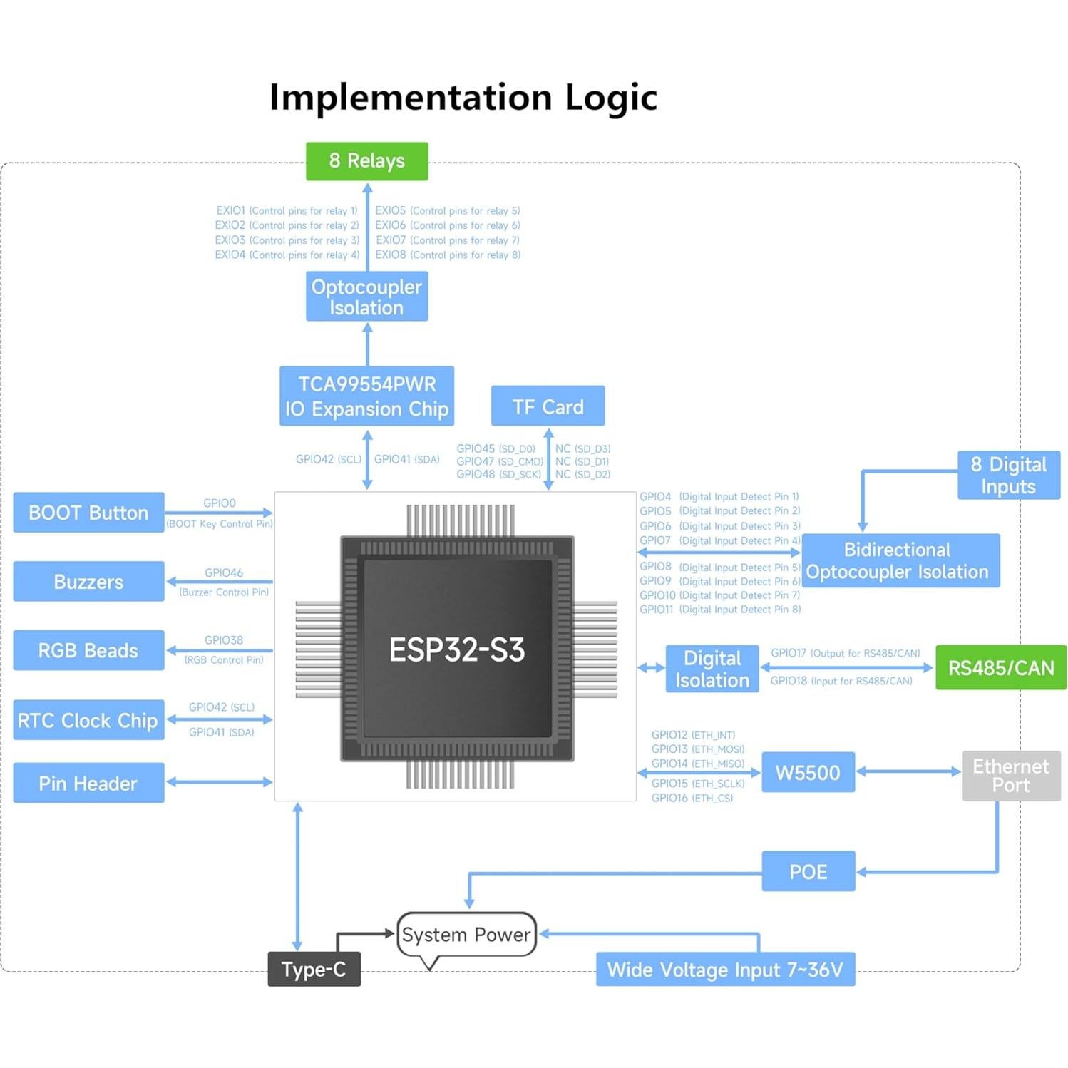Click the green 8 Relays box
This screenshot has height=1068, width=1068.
(366, 161)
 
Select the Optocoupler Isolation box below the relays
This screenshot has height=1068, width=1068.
(366, 297)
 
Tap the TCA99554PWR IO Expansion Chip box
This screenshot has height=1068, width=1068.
(366, 396)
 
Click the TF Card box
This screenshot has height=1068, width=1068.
(548, 406)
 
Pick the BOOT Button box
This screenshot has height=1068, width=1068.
(88, 513)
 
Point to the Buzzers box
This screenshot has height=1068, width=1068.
(88, 582)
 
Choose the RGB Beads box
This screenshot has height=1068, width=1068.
(88, 650)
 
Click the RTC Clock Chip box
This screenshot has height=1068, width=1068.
(88, 720)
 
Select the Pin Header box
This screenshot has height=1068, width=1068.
(88, 783)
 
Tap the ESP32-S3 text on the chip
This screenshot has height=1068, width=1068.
(457, 649)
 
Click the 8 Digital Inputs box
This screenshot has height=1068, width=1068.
(1008, 476)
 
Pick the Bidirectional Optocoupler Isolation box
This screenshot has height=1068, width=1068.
(900, 561)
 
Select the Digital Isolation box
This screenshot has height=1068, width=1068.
(712, 669)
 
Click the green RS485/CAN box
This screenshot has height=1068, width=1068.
(1000, 668)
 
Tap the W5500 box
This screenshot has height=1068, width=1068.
(808, 772)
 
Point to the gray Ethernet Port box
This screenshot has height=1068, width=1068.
(1011, 776)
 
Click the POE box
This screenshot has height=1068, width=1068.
(808, 871)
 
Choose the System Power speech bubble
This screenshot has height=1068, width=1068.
(466, 934)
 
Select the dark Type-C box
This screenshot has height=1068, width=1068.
(314, 970)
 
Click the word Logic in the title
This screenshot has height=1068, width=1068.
(610, 98)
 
